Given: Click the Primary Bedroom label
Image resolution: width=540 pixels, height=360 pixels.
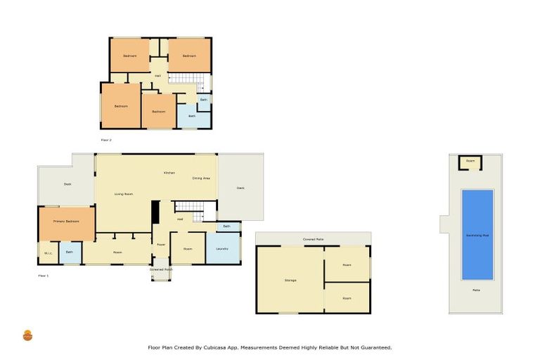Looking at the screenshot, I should (65, 221).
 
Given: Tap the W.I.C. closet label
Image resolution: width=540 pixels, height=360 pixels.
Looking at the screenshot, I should (49, 253).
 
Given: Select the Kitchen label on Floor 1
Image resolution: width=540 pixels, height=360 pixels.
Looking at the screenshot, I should (169, 173).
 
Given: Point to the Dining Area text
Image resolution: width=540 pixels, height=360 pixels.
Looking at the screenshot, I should (201, 179).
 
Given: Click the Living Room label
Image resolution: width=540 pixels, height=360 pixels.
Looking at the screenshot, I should (124, 194).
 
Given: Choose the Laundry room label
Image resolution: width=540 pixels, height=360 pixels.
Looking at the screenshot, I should (222, 249).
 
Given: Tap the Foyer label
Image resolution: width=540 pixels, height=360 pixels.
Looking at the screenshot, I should (161, 245).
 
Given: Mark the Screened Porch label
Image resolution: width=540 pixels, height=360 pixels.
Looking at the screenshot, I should (160, 269).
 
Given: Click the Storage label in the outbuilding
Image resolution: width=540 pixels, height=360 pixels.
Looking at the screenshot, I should (290, 280).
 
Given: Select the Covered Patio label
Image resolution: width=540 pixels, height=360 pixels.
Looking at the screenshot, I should (313, 240).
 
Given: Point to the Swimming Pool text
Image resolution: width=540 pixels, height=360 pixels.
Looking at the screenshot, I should (477, 235).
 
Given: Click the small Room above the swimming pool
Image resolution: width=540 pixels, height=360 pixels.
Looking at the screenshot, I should (470, 162).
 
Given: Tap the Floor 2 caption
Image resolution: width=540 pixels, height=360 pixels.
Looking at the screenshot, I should (106, 140).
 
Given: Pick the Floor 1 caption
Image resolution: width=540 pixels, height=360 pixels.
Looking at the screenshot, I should (43, 276).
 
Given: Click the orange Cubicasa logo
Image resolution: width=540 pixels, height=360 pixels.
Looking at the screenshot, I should (28, 335).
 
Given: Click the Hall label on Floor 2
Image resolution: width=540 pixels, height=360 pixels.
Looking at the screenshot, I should (157, 76).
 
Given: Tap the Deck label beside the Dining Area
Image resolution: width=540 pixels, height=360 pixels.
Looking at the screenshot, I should (240, 188).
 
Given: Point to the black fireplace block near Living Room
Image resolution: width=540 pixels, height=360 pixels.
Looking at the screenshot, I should (155, 212).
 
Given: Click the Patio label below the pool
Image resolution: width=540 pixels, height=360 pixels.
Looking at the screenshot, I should (476, 290).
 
